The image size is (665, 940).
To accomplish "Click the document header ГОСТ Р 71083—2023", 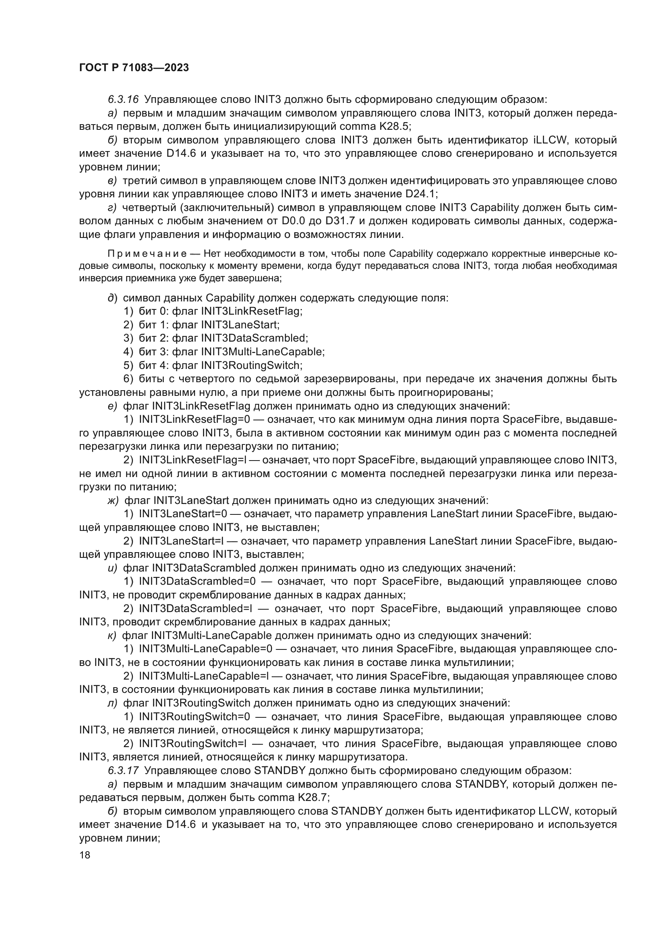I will [134, 68].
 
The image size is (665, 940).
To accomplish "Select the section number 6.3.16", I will [123, 100].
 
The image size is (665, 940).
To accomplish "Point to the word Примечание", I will [148, 254].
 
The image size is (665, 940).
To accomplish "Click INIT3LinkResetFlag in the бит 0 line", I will [252, 311].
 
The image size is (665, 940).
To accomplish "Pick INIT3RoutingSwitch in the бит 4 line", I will [252, 365].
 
